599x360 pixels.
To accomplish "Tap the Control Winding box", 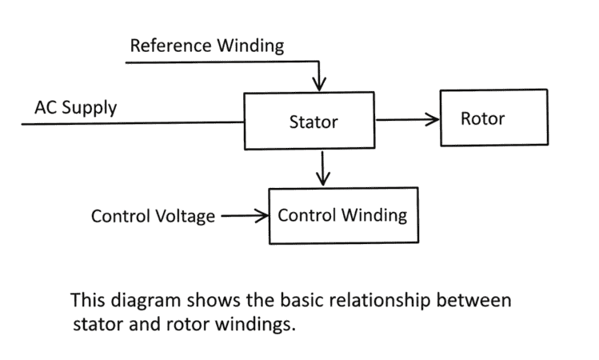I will point(342,215).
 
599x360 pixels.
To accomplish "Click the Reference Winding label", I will point(206,46).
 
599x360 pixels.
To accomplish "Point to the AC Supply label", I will point(75,107).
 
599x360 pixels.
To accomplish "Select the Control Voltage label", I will point(153,216).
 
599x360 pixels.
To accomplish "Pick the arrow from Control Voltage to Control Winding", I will point(244,215).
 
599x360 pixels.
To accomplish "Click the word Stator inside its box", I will point(313,122).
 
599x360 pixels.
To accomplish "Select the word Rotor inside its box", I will point(482,118).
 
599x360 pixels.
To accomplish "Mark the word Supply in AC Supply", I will point(90,108).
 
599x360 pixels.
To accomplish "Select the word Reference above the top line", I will point(169,46).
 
